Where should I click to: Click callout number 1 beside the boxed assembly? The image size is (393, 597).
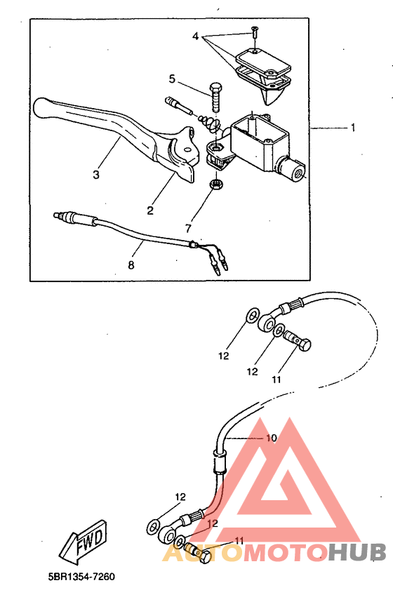tap(352, 127)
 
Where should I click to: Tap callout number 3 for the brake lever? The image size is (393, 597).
tap(96, 175)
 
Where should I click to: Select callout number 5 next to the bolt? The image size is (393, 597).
tap(172, 79)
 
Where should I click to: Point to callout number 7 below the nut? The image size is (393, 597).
tap(188, 228)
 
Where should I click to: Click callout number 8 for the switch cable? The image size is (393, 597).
tap(131, 264)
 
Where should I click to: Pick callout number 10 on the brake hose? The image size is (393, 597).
tap(271, 438)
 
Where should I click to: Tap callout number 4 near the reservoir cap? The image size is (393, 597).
tap(195, 36)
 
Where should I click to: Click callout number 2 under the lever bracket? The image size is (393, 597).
tap(150, 210)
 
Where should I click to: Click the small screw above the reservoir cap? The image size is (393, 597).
tap(254, 32)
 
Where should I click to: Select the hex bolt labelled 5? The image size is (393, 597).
tap(215, 96)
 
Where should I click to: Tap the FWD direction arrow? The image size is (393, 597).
tap(84, 542)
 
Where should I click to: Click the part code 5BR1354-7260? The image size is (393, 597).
tap(81, 577)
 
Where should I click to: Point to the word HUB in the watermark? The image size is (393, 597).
tap(357, 553)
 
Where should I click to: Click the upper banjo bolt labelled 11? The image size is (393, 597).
tap(298, 339)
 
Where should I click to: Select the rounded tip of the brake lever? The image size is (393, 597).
tap(42, 108)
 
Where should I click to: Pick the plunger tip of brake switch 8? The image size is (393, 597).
tap(57, 215)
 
